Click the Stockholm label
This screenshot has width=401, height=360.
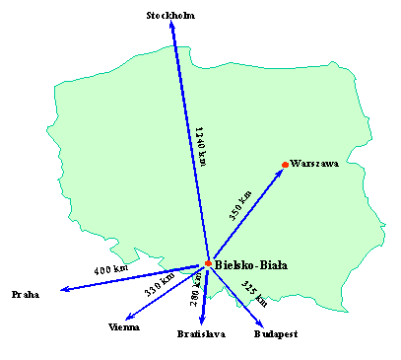tap(170, 16)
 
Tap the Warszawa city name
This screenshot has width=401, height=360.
tap(315, 165)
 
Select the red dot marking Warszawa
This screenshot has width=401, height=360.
tap(285, 164)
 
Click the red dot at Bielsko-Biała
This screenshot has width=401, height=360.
tap(208, 263)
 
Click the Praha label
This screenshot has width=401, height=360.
tap(26, 295)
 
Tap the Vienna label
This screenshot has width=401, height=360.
tap(124, 326)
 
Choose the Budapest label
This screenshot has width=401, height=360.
tap(275, 334)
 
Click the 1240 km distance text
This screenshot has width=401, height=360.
tap(200, 146)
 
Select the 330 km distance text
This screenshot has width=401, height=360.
tap(160, 285)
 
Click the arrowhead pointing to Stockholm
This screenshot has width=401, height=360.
tap(171, 30)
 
